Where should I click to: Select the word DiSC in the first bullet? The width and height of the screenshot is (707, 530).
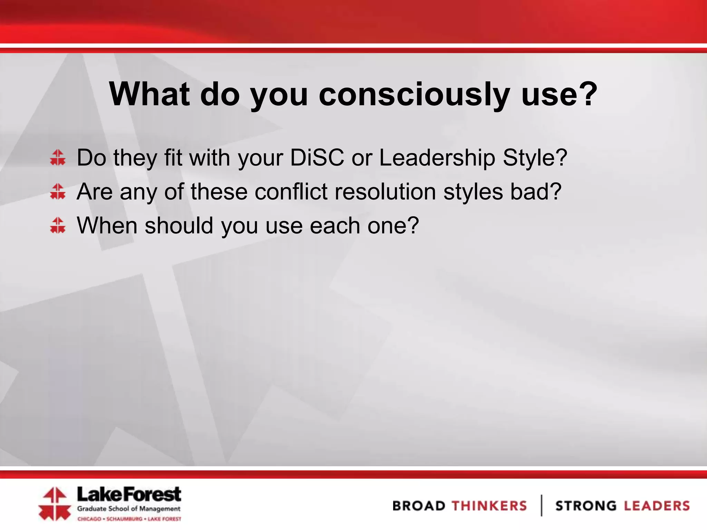pos(317,158)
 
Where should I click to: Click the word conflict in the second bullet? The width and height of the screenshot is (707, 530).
pos(291,192)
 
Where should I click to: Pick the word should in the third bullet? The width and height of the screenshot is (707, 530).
pos(178,225)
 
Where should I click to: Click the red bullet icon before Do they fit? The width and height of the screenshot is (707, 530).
pos(58,158)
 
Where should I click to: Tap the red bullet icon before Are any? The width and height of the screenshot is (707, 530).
pos(58,192)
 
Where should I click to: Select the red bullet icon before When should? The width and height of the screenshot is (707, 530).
pos(58,225)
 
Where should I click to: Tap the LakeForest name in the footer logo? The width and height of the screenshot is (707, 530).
pos(129,494)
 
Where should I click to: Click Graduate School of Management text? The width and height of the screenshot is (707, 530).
pos(129,509)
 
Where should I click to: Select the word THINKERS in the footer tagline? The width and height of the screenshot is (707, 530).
pos(489,506)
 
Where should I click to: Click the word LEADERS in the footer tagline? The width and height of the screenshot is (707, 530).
pos(657,506)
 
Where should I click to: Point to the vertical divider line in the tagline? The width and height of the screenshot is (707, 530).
pos(541,506)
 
